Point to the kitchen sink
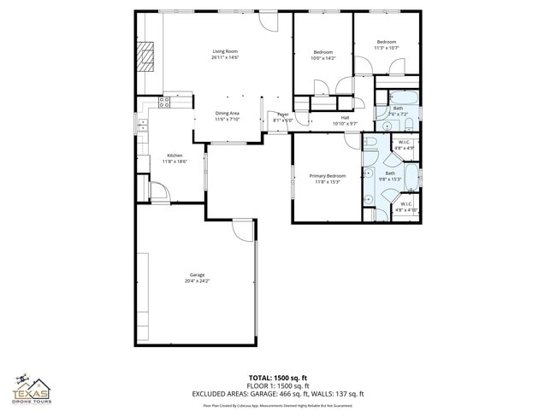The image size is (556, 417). [142, 128]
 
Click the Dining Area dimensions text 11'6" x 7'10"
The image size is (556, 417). [228, 120]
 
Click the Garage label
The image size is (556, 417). [197, 274]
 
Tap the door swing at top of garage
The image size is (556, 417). [244, 228]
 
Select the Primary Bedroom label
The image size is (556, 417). [328, 175]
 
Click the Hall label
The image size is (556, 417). [345, 118]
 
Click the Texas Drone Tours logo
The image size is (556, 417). [32, 389]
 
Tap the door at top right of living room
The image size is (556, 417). [269, 21]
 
